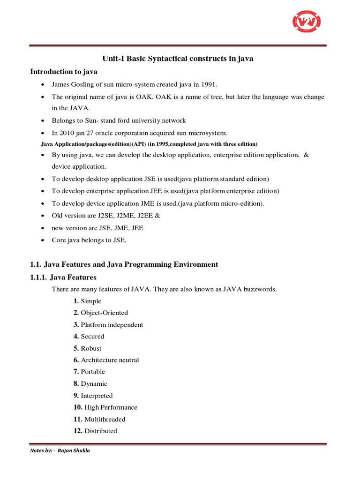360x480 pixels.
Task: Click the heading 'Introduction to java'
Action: point(64,72)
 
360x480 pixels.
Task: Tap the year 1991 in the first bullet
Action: point(209,84)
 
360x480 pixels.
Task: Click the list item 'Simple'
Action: point(91,301)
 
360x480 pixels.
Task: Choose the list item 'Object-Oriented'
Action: point(104,313)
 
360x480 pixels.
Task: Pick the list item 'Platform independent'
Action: point(112,325)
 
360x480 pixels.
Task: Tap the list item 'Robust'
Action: point(91,348)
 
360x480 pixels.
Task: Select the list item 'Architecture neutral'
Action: point(110,360)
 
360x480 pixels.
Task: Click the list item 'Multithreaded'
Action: point(105,420)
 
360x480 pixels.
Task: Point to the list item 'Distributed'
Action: point(101,431)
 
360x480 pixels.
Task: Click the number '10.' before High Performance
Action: point(78,407)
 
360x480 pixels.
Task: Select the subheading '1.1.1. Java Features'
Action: point(63,277)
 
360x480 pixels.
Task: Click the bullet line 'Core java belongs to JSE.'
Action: point(89,240)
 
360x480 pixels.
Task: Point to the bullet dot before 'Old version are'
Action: point(43,216)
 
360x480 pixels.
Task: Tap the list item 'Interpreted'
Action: point(97,396)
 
